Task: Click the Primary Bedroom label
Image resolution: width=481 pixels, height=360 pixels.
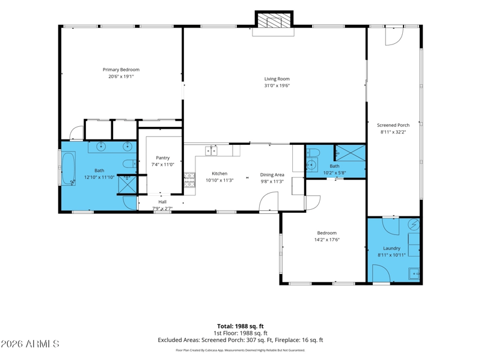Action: pos(121,70)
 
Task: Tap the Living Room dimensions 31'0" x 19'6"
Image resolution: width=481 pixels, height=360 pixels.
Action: pos(277,85)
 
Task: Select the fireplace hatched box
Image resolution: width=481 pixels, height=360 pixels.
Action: pos(274,20)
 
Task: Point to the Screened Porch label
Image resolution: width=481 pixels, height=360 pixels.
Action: pos(393,125)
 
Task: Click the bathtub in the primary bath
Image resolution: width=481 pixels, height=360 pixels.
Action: pos(69,169)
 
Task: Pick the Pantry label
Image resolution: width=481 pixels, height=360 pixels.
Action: pos(162,157)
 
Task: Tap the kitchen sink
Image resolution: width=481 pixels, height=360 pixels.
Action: pos(211,151)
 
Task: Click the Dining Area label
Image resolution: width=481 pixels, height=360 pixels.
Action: pos(272,175)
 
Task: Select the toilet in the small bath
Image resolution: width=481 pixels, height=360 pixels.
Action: pos(313,152)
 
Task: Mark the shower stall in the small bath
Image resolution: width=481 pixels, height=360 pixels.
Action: pos(351,153)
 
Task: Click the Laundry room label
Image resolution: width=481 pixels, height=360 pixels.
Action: pos(392,248)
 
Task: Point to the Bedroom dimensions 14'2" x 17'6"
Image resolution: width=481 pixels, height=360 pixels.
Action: pos(327,240)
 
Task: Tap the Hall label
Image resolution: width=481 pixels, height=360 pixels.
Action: pos(162,202)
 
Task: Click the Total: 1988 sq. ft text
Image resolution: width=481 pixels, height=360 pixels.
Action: pos(240,326)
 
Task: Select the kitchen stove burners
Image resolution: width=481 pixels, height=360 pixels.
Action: pos(189,180)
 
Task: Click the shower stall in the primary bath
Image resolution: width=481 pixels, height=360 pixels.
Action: pos(127,185)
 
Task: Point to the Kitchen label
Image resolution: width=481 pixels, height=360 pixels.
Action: pos(219,174)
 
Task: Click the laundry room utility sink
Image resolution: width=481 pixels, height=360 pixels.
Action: pos(414,273)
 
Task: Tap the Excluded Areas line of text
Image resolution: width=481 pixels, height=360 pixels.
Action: pos(240,340)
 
